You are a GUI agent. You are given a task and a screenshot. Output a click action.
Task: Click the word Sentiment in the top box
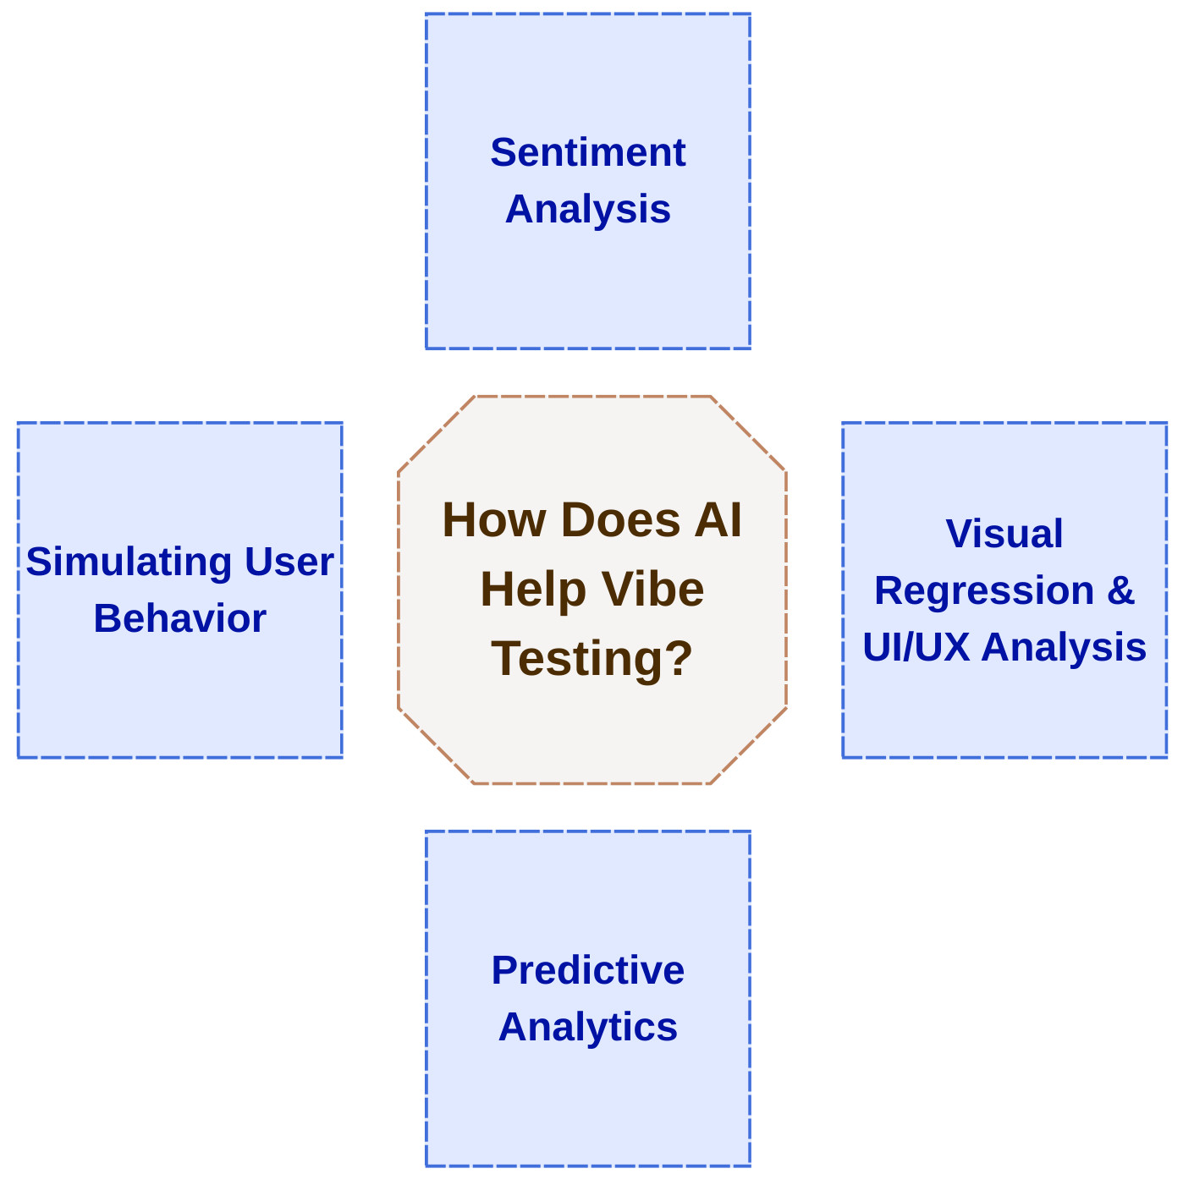(587, 153)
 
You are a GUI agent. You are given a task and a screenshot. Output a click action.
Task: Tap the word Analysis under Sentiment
(587, 210)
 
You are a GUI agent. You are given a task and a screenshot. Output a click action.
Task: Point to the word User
(289, 562)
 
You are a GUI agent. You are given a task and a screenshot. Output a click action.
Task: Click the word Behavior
(179, 619)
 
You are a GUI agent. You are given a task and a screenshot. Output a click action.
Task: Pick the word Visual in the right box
(1004, 535)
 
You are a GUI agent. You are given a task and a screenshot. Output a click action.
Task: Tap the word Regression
(984, 591)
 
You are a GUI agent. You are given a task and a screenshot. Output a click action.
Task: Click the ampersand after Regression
(1120, 591)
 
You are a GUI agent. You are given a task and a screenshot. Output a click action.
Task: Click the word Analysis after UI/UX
(1064, 648)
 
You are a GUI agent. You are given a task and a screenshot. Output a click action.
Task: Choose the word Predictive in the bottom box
(587, 971)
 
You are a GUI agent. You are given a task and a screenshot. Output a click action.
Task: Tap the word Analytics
(587, 1028)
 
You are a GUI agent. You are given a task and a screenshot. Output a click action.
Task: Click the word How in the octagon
(494, 520)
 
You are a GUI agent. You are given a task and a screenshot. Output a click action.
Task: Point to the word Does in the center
(620, 520)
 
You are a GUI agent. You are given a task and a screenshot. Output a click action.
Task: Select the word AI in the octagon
(718, 520)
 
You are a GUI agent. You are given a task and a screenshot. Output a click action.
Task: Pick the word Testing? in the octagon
(591, 659)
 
